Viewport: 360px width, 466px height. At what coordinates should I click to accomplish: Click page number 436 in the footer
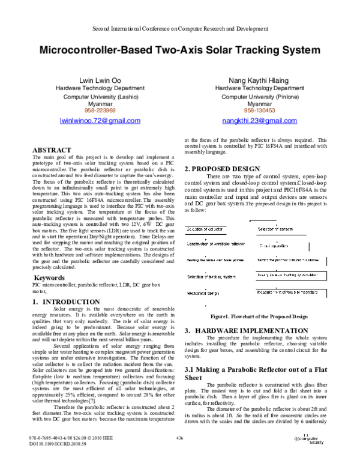point(179,455)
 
